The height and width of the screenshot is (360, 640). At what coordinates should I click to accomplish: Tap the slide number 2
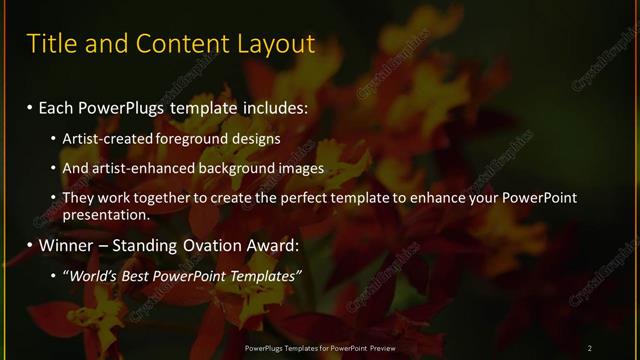(590, 347)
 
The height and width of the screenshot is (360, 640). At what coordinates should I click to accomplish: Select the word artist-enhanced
(135, 168)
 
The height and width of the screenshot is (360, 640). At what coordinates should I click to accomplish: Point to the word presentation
(106, 214)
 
